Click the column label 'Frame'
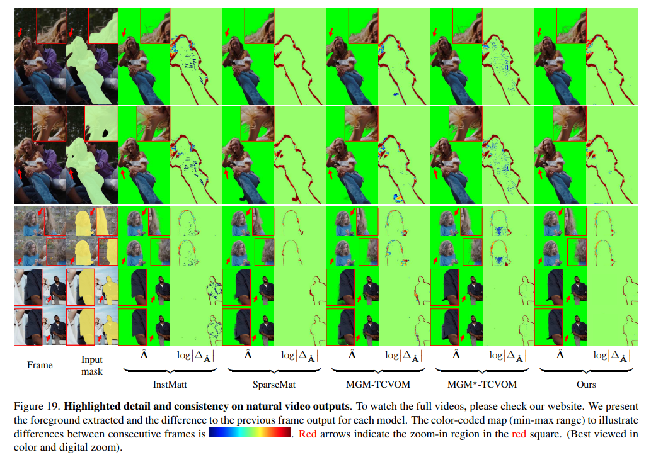pyautogui.click(x=40, y=364)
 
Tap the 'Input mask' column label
pyautogui.click(x=92, y=365)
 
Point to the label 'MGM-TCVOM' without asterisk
pyautogui.click(x=377, y=384)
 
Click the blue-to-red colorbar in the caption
pyautogui.click(x=250, y=434)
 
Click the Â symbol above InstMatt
pyautogui.click(x=144, y=355)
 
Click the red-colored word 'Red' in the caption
pyautogui.click(x=308, y=434)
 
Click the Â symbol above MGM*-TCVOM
pyautogui.click(x=456, y=355)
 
